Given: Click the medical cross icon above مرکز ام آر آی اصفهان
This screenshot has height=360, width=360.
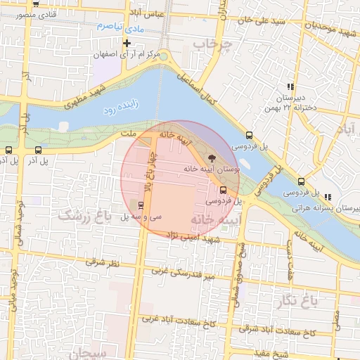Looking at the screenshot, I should pos(126,43).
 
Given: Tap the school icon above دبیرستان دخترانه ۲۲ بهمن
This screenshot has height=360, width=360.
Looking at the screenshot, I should pos(290,86).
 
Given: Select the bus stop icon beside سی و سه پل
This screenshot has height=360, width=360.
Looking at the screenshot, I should pos(142,205).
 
